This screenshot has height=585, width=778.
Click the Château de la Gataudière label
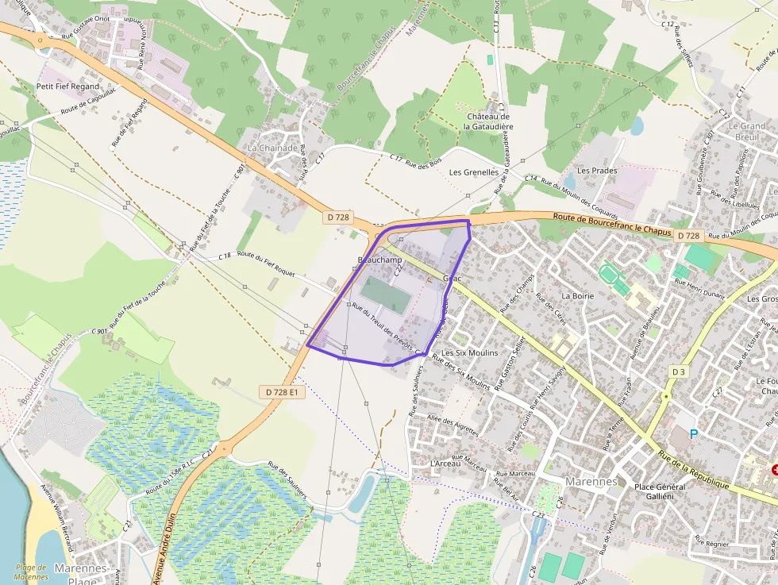(x=488, y=121)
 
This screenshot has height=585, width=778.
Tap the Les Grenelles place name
(x=474, y=172)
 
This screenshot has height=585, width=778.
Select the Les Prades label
(x=597, y=171)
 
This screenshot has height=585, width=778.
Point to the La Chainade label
(x=272, y=148)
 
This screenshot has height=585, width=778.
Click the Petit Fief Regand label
(x=68, y=86)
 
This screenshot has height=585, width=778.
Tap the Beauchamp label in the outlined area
(x=380, y=260)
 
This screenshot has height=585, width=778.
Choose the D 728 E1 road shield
(x=282, y=392)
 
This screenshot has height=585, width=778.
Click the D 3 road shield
(x=677, y=371)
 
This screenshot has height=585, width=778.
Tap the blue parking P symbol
(x=693, y=434)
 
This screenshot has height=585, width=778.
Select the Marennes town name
(x=591, y=482)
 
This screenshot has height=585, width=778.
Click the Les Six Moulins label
(x=470, y=352)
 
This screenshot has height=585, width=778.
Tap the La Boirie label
(x=577, y=295)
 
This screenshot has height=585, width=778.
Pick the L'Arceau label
(x=445, y=464)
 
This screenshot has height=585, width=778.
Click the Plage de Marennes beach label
(x=31, y=572)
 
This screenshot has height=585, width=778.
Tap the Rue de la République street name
(x=695, y=470)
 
